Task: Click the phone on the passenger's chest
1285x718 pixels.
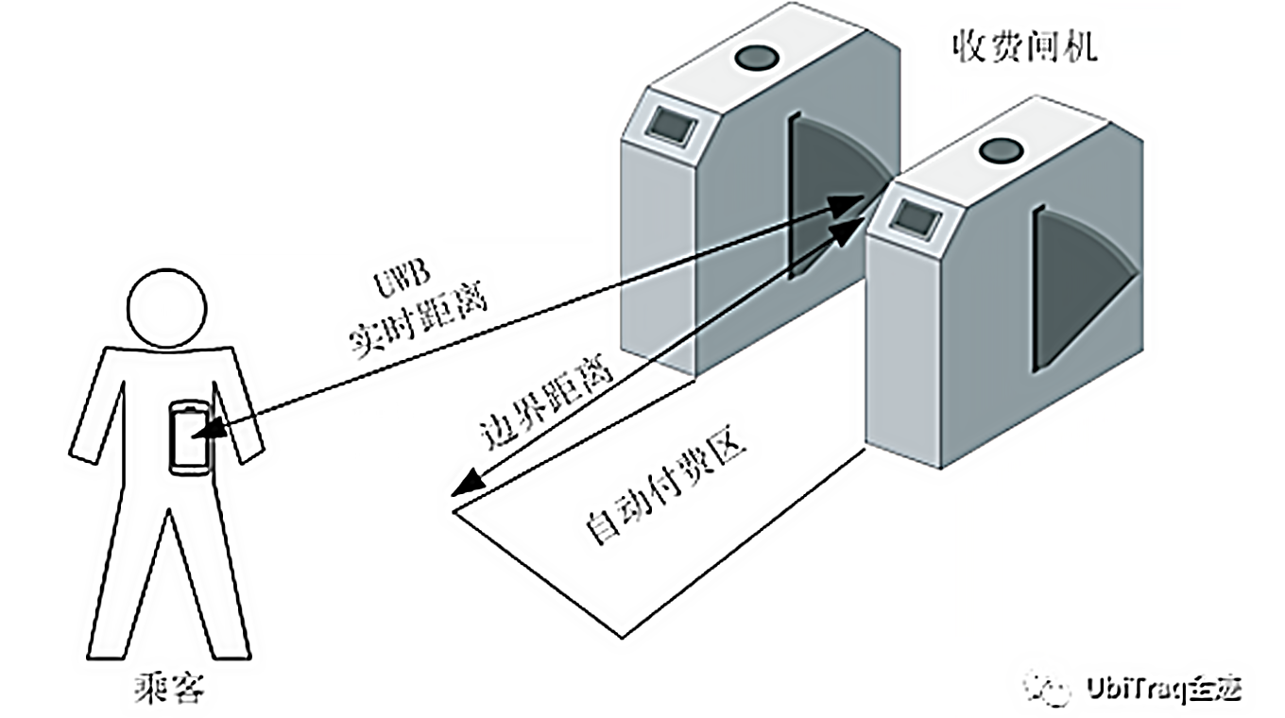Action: (191, 436)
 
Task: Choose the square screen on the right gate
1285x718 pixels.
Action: (913, 217)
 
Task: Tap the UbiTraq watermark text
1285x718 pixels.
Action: (1163, 687)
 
